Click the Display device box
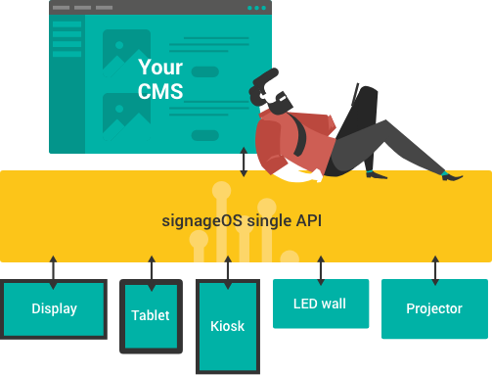pyautogui.click(x=54, y=309)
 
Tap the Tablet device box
pyautogui.click(x=151, y=316)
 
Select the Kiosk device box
pyautogui.click(x=228, y=326)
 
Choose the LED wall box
pyautogui.click(x=321, y=304)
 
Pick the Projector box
pyautogui.click(x=434, y=308)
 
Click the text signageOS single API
pyautogui.click(x=242, y=221)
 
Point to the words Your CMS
pyautogui.click(x=160, y=79)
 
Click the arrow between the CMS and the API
pyautogui.click(x=244, y=162)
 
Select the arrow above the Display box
pyautogui.click(x=53, y=272)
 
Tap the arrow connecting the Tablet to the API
pyautogui.click(x=152, y=273)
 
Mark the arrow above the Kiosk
pyautogui.click(x=228, y=272)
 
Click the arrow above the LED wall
pyautogui.click(x=321, y=270)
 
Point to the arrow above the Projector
pyautogui.click(x=435, y=270)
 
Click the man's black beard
pyautogui.click(x=280, y=104)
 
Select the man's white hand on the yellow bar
pyautogui.click(x=316, y=175)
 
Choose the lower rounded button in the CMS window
pyautogui.click(x=205, y=135)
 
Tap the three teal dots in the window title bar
pyautogui.click(x=256, y=8)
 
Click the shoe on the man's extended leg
pyautogui.click(x=452, y=176)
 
